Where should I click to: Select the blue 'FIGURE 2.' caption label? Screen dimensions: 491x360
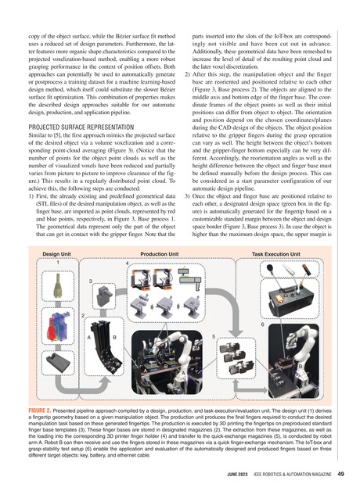48,409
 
